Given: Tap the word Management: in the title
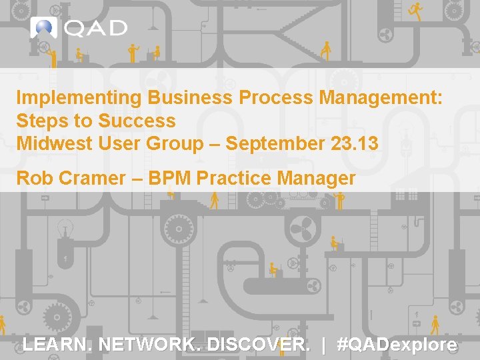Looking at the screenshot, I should tap(381, 98).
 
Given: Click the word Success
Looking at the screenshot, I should tap(137, 121).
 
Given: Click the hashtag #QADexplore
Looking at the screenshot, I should tap(397, 345).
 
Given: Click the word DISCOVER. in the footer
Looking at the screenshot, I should tap(259, 345).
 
